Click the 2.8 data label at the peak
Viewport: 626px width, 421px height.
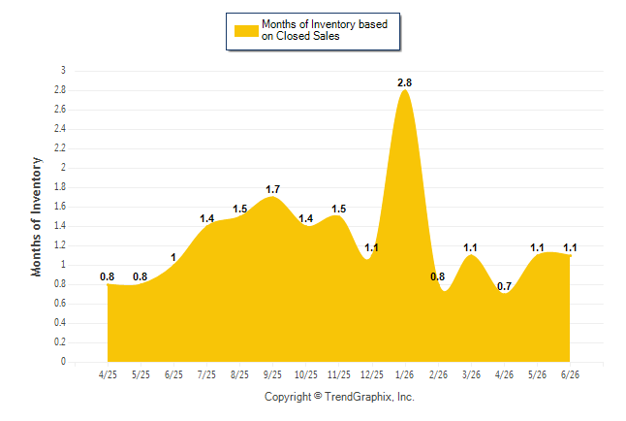click(x=404, y=82)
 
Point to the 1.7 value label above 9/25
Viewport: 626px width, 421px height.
click(x=272, y=189)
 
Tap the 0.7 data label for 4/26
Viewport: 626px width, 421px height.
click(x=504, y=286)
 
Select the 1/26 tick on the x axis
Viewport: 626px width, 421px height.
click(x=405, y=374)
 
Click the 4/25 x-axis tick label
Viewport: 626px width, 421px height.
click(x=108, y=374)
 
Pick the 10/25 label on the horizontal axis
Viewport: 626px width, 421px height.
click(x=306, y=374)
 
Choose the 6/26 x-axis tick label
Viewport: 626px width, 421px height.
click(x=570, y=374)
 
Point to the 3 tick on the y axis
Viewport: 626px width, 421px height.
click(x=63, y=71)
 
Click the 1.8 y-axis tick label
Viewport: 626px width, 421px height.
click(x=60, y=187)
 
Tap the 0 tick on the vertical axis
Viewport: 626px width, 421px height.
click(x=63, y=362)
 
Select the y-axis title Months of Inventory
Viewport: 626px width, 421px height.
click(x=36, y=216)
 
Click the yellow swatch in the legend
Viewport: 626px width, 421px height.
click(x=246, y=31)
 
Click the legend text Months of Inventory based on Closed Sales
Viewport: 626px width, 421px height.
click(x=325, y=30)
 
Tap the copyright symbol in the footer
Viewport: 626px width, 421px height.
click(x=318, y=396)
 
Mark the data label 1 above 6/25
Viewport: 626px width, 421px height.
click(x=173, y=257)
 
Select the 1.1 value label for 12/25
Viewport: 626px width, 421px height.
click(x=371, y=247)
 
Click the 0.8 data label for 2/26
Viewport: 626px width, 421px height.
click(x=438, y=276)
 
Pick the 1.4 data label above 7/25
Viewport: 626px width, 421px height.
click(x=206, y=218)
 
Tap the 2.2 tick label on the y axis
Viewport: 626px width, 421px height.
click(x=60, y=148)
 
